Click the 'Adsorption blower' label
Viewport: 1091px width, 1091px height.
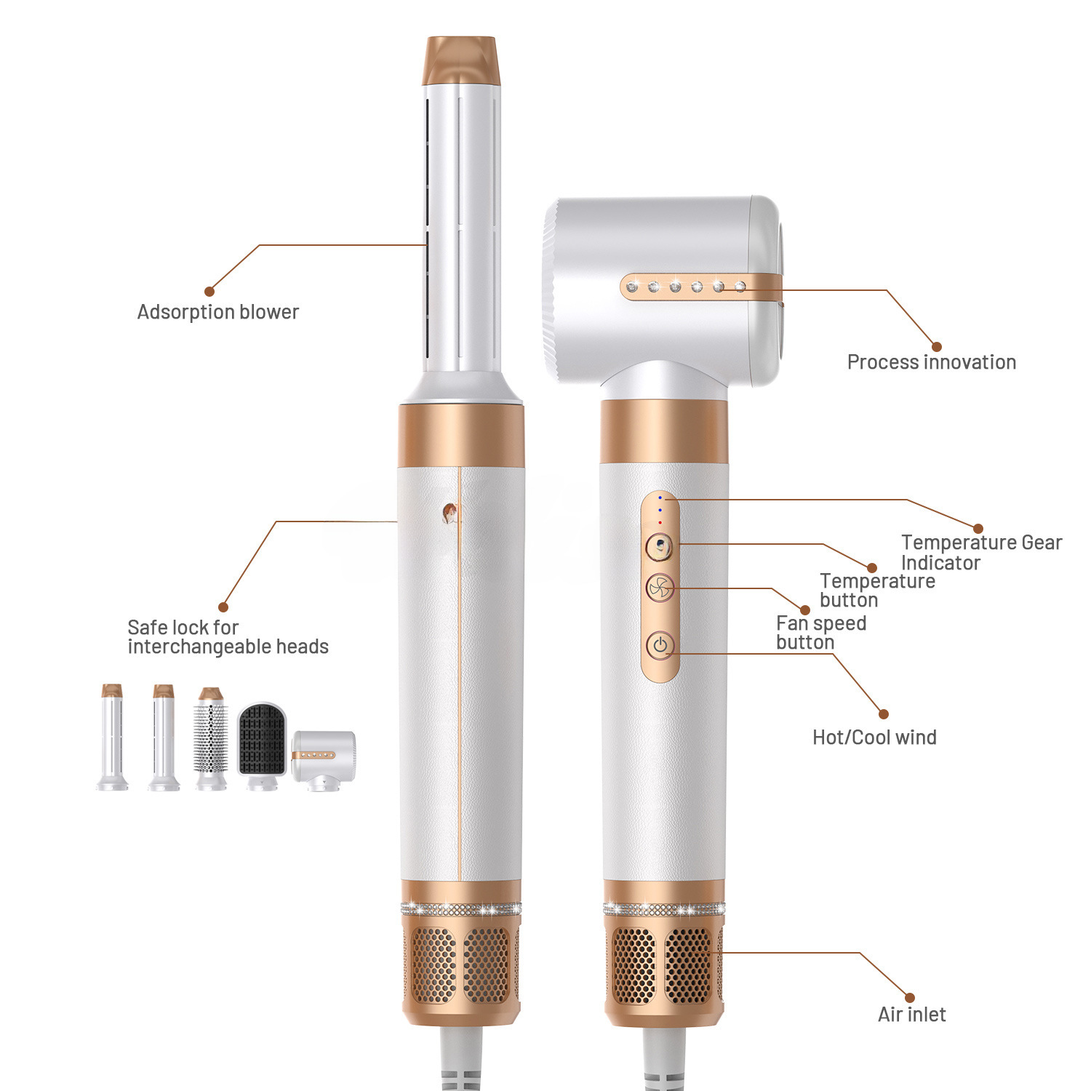click(218, 312)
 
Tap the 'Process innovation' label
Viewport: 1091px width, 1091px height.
click(932, 362)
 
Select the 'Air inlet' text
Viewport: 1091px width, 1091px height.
click(912, 1015)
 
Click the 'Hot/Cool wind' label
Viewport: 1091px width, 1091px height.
click(874, 738)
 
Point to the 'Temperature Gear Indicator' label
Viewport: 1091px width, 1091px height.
click(981, 552)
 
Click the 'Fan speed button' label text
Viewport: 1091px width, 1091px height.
click(821, 633)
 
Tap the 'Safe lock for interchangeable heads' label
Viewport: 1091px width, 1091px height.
click(228, 637)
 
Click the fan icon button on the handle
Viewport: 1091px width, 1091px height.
click(660, 588)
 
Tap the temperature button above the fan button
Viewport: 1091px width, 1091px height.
click(660, 545)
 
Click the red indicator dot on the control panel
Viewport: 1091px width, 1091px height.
click(660, 522)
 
